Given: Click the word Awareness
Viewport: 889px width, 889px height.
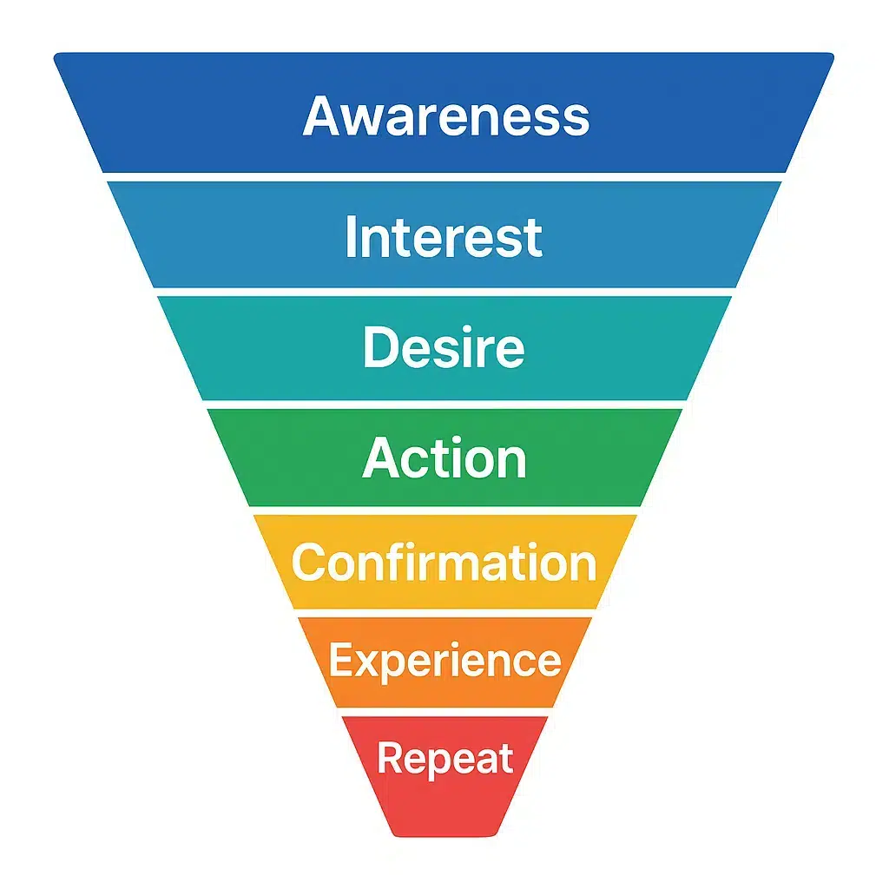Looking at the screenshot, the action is pos(446,115).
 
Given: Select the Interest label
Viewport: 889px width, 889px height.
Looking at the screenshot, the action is pos(444,237).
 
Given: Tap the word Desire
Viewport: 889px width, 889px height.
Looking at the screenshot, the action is pos(444,347).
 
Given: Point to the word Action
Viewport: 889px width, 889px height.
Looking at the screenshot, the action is pos(444,458).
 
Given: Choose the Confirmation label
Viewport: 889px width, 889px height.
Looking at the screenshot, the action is pos(444,562).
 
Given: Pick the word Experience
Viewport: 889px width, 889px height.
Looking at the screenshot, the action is pos(445,661).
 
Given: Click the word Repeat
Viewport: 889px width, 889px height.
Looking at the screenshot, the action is pos(445,759).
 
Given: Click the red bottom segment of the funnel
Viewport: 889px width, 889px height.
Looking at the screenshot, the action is pos(445,776).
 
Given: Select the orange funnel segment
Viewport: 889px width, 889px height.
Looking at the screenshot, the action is pos(445,662).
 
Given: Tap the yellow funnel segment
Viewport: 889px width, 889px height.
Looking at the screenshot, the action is pos(445,562).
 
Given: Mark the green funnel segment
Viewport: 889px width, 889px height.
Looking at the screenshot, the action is pos(445,457).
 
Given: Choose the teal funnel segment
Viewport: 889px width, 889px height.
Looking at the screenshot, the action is pos(445,347).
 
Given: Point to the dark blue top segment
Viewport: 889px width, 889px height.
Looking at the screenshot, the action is pos(444,112).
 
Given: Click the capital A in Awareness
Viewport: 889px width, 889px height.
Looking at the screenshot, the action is pos(325,115).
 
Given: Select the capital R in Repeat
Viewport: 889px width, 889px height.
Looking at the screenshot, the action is pos(390,757).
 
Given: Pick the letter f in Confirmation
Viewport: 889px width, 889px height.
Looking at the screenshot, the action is pos(399,560).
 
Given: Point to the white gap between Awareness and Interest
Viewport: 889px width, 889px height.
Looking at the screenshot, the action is pos(444,177).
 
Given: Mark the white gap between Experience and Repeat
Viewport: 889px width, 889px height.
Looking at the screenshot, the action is pos(445,712).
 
